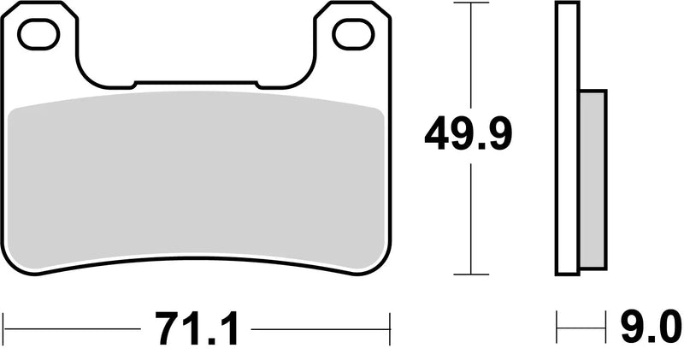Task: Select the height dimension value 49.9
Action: click(x=469, y=135)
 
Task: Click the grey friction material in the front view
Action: click(x=195, y=180)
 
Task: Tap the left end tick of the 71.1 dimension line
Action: click(x=4, y=327)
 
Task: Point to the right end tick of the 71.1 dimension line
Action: click(x=390, y=327)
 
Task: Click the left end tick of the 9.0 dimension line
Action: click(x=557, y=327)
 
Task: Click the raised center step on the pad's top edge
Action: click(x=196, y=83)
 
